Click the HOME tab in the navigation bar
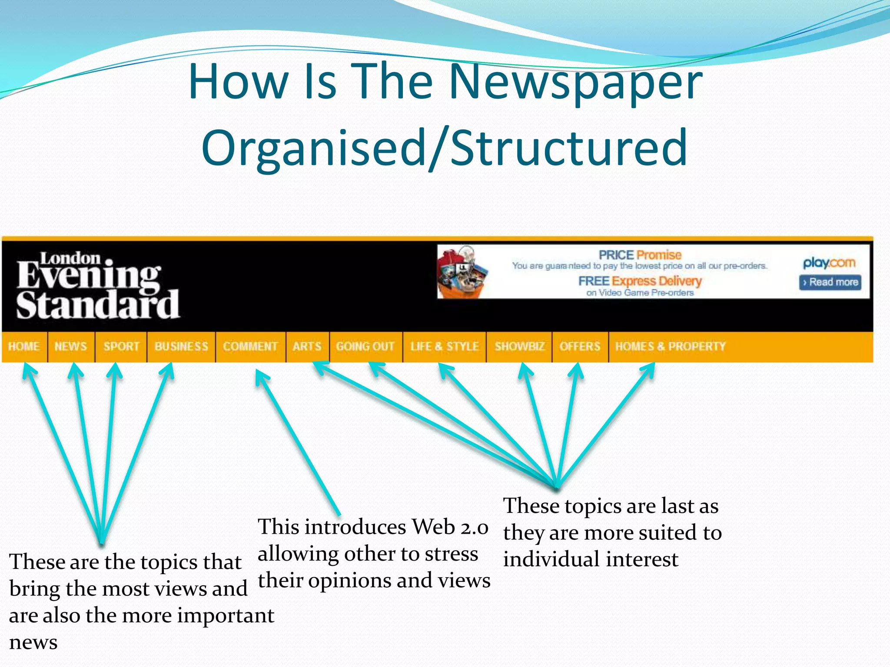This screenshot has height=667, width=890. tap(24, 347)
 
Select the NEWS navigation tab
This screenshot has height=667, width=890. tap(70, 347)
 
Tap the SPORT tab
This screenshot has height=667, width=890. tap(121, 347)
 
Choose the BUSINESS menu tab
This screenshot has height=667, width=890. tap(181, 347)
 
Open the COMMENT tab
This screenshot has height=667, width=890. tap(250, 347)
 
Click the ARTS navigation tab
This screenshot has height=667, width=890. tap(307, 347)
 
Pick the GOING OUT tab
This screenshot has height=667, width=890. tap(365, 347)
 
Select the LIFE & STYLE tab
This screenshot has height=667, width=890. tap(445, 347)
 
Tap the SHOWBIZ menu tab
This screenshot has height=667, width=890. tap(519, 347)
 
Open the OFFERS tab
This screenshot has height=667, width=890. tap(580, 347)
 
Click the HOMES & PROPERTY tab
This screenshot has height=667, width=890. tap(670, 347)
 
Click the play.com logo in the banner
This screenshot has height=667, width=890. tap(829, 263)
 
